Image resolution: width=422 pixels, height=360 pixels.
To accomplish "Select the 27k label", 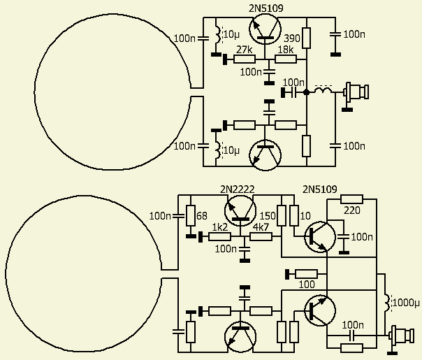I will [244, 50].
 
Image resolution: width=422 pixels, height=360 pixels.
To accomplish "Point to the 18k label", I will [285, 50].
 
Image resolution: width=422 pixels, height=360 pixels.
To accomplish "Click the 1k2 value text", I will [220, 227].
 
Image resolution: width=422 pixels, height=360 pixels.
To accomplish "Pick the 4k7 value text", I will [261, 227].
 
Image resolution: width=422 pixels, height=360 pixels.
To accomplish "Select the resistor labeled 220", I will [352, 199].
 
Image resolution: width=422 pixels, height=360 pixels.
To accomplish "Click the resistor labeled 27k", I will [244, 59].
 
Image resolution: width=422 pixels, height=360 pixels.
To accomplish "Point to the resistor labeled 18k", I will [285, 59].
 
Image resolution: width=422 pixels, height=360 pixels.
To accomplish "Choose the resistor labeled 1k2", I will [220, 236].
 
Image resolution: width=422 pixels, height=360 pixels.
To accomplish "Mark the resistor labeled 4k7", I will [261, 236].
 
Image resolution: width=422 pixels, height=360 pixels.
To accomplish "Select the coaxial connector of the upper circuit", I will [357, 91].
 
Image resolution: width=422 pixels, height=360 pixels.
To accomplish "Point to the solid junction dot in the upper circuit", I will [307, 91].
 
